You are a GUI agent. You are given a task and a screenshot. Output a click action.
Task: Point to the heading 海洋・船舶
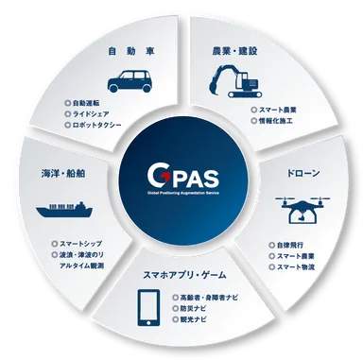(x=62, y=175)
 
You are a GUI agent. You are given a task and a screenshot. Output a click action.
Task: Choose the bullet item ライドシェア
(x=97, y=111)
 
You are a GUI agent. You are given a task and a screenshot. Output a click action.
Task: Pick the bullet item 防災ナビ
(x=193, y=308)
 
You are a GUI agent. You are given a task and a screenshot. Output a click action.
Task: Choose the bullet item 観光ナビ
(x=193, y=319)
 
